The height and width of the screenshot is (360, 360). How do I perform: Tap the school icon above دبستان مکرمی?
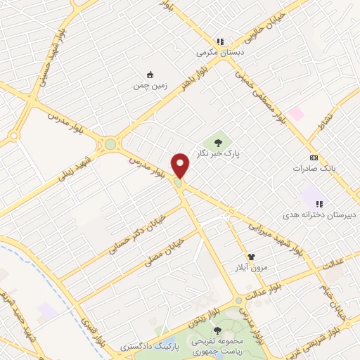(x=219, y=41)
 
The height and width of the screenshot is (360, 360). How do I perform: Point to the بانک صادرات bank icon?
(x=314, y=157)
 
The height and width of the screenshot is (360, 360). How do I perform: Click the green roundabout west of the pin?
(x=110, y=145)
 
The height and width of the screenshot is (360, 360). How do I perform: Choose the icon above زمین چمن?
(x=149, y=75)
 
